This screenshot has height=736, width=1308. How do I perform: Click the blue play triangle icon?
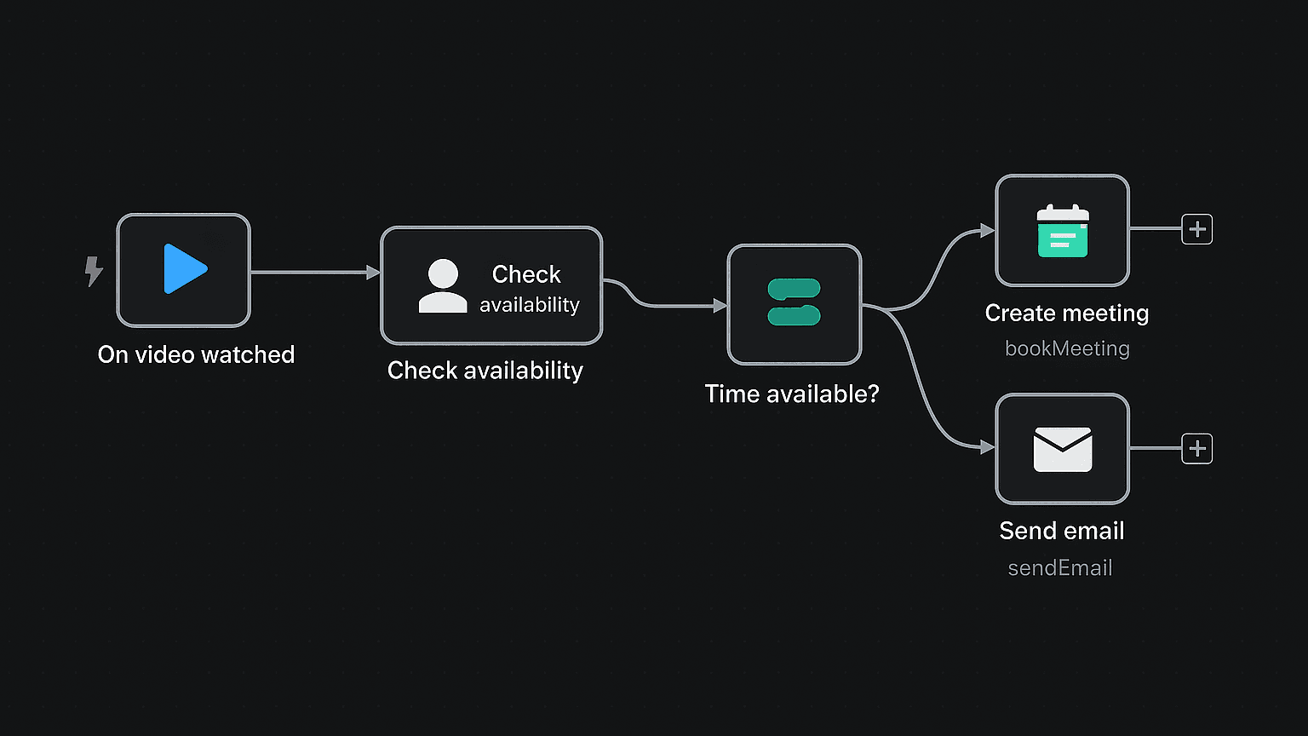pos(184,269)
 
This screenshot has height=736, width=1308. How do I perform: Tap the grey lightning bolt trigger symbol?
pos(94,271)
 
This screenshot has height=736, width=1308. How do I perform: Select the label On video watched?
pos(196,354)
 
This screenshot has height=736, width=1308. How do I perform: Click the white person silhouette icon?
pos(443,286)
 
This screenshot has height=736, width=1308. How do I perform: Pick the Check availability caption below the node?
pos(485,371)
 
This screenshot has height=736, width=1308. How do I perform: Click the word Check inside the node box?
pos(526,274)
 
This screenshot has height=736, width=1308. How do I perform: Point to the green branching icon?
pos(794,302)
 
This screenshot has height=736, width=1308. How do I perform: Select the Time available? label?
pos(791,394)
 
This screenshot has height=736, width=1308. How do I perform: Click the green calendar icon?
pos(1062,231)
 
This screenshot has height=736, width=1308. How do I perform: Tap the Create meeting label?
pos(1066,313)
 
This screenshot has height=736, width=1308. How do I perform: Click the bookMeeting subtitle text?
pos(1067,348)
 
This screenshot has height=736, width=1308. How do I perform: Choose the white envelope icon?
pos(1062,449)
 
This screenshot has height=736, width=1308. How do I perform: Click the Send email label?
pos(1061,531)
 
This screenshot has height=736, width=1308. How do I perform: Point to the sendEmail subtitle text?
pos(1059,568)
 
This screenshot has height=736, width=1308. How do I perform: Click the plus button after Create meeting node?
pos(1196,229)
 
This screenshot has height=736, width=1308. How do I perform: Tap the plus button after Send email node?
pos(1196,449)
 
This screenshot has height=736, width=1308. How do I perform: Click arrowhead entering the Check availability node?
pos(373,273)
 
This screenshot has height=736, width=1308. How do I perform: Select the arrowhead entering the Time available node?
pos(720,306)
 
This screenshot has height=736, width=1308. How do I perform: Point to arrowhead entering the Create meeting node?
pos(988,230)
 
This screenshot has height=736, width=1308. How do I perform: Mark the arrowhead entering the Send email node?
pos(988,447)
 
